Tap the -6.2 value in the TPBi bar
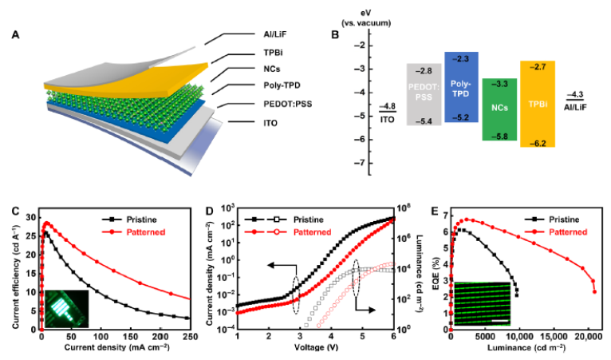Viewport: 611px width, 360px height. pyautogui.click(x=537, y=140)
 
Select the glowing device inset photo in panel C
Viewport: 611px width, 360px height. pyautogui.click(x=66, y=306)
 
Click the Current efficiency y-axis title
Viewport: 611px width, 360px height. pyautogui.click(x=10, y=269)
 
